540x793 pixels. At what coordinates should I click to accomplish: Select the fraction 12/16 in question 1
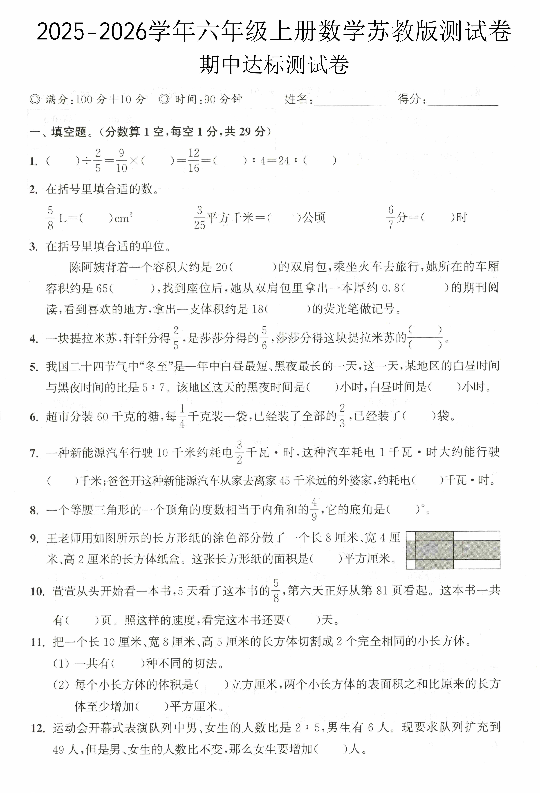click(x=193, y=160)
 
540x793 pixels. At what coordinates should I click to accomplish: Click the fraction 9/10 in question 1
click(x=121, y=160)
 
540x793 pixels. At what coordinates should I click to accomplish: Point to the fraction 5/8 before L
click(x=50, y=218)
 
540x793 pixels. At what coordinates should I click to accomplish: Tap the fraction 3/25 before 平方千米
click(x=200, y=218)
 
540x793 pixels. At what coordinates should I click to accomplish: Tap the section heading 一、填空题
click(x=58, y=132)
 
